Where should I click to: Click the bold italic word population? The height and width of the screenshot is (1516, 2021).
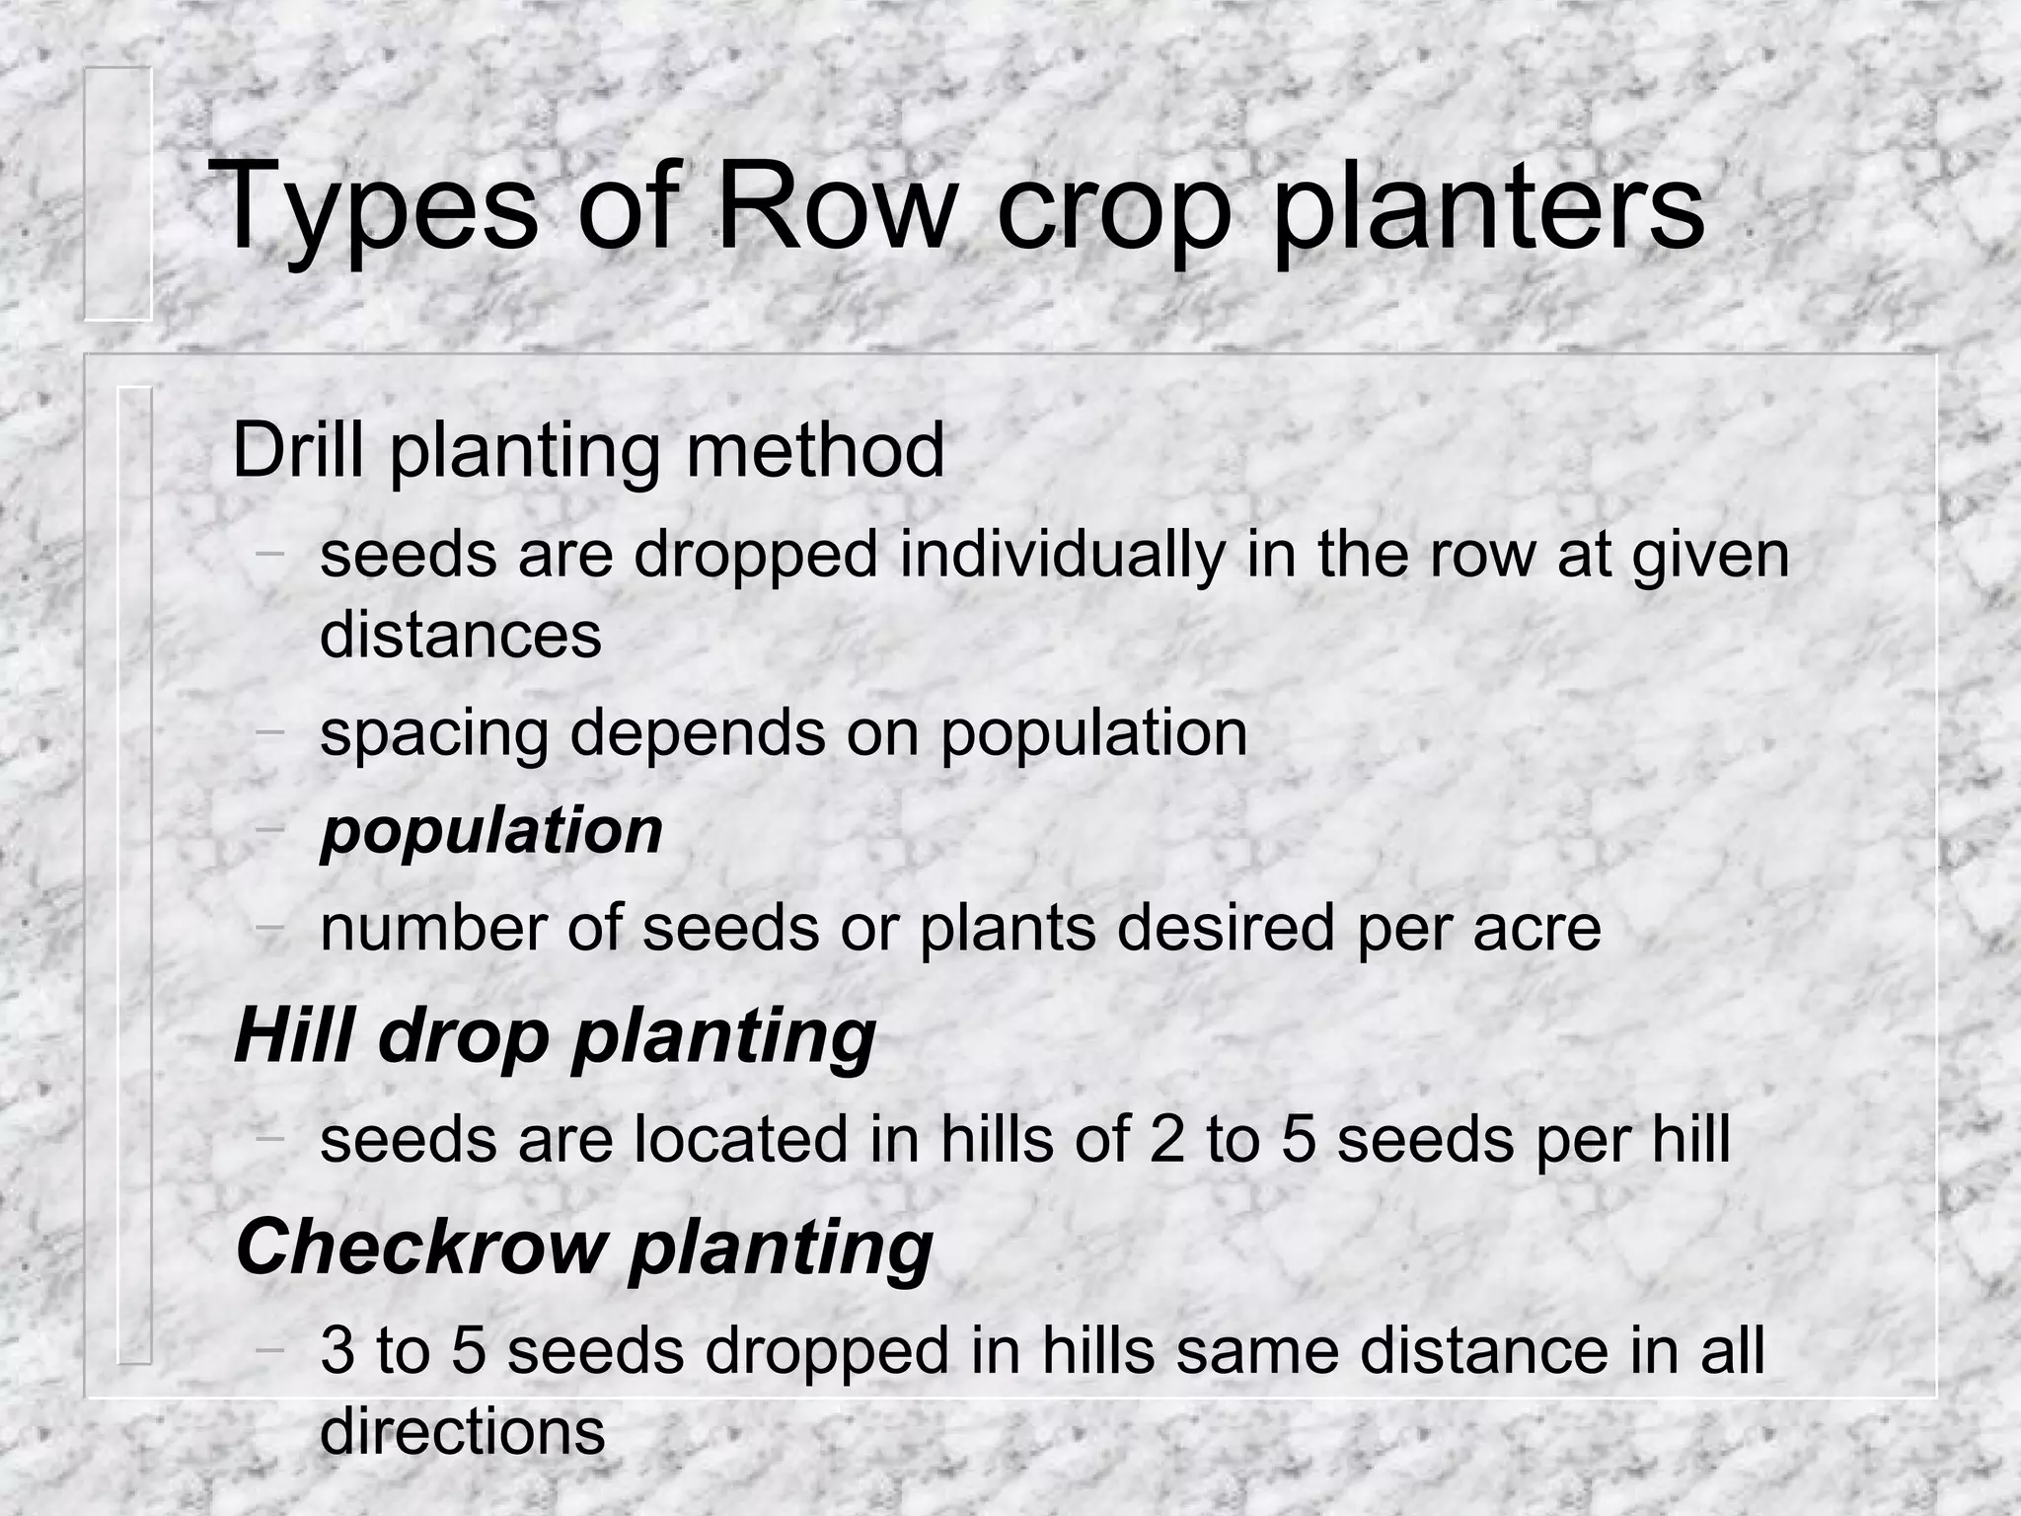pyautogui.click(x=491, y=832)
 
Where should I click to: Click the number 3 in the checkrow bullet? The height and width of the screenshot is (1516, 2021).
pyautogui.click(x=337, y=1350)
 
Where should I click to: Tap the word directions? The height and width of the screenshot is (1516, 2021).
pyautogui.click(x=462, y=1431)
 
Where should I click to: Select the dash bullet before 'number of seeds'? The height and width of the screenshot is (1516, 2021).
pyautogui.click(x=268, y=927)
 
